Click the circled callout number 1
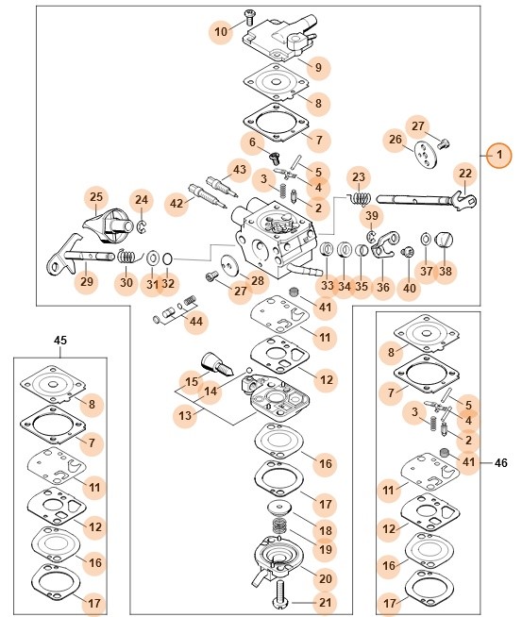pos(499,155)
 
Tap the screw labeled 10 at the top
pos(249,16)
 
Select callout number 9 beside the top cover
pos(318,67)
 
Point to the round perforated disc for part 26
pos(426,154)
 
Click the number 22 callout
pos(465,174)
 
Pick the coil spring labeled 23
pos(360,198)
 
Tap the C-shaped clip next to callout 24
pos(143,226)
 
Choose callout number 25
pos(96,197)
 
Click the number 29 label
pos(87,281)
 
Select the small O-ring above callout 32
pos(167,258)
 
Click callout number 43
pos(240,170)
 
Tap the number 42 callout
pos(177,203)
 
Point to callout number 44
pos(196,322)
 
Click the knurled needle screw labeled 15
pos(217,363)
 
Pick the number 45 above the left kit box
pos(60,340)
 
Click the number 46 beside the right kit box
pos(500,462)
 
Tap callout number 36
pos(383,287)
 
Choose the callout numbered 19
pos(325,549)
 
